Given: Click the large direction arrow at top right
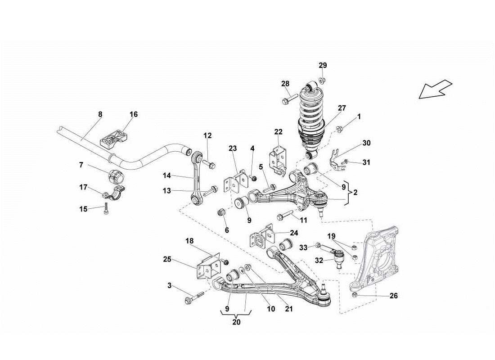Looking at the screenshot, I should tap(435, 89).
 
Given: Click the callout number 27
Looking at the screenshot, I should tap(342, 108).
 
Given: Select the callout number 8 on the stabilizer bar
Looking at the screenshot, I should tap(100, 115).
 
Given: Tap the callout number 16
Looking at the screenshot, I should tap(134, 115).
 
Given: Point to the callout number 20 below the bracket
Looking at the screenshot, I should tap(237, 322).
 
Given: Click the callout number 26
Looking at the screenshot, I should tap(393, 296).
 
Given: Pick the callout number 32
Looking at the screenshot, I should tap(319, 260).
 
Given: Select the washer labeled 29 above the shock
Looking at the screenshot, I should tap(320, 81).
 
